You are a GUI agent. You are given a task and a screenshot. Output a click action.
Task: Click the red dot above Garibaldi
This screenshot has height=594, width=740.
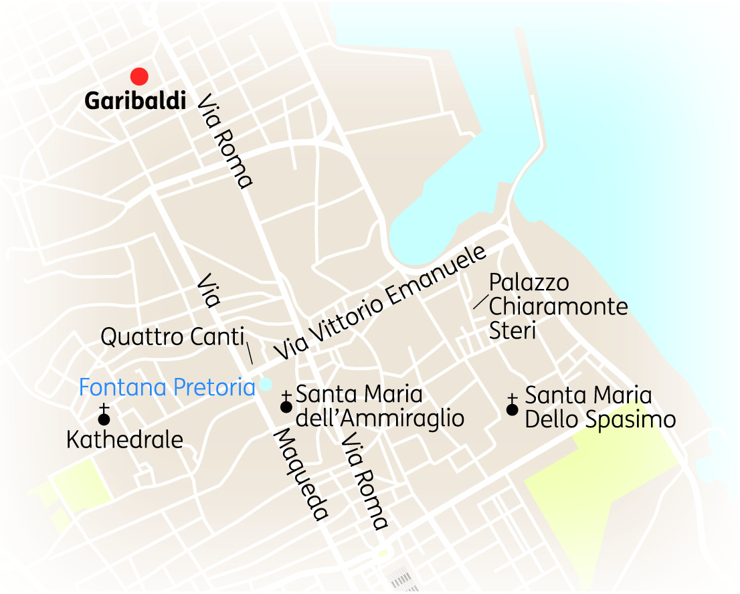tap(139, 76)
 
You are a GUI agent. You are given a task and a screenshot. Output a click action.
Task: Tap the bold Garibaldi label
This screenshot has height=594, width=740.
tap(135, 101)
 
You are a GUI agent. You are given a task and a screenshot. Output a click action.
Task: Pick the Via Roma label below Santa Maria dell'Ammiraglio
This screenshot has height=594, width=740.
tap(364, 481)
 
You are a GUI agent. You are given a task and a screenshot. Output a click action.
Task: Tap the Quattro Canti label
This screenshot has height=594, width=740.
tap(171, 336)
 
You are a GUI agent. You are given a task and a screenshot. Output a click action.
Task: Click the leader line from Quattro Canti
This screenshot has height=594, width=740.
tap(249, 353)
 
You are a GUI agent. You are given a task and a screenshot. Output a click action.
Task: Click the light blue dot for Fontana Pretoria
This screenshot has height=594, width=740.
tap(266, 384)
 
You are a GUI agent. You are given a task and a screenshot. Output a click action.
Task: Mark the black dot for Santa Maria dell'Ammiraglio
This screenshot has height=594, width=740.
tap(286, 407)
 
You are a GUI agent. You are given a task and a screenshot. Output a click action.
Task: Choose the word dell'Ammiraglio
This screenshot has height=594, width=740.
tap(379, 419)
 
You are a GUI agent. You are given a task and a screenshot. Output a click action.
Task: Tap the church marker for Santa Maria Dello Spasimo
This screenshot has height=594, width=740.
tap(513, 409)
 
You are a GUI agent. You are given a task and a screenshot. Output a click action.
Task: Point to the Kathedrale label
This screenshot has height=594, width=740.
tap(125, 439)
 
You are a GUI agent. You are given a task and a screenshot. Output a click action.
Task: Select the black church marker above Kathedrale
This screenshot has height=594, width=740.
tap(104, 419)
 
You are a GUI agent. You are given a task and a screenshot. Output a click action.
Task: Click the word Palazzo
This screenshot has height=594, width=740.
tap(529, 282)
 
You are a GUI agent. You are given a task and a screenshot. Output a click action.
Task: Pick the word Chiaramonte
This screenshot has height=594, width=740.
tap(559, 306)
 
